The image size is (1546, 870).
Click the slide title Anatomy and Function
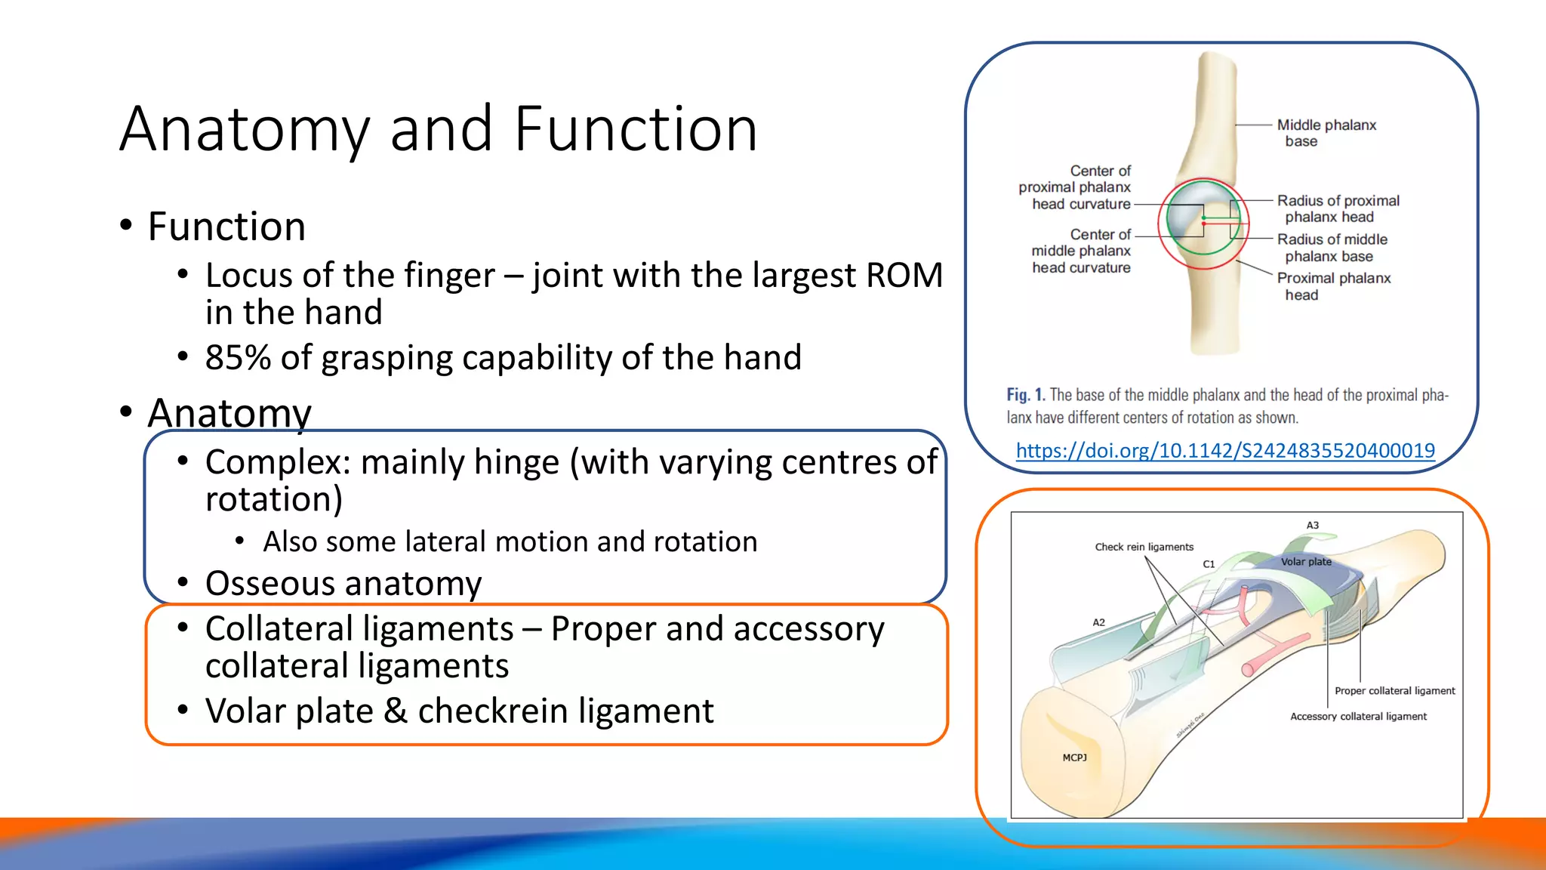438,129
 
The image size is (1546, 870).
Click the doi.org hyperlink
1224,451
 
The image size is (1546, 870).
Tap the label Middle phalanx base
1326,133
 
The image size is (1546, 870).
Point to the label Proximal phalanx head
1333,286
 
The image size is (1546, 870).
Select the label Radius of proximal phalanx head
1338,208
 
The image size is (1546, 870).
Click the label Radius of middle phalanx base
1332,248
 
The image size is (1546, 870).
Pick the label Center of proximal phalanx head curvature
1076,187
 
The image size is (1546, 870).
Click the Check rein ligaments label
1144,547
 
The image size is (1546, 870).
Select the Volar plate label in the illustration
1306,562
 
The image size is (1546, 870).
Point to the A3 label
1313,525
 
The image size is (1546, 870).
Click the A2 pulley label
1098,622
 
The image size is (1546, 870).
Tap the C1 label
1209,564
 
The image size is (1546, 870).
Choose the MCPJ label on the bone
1074,757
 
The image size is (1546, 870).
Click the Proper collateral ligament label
1394,691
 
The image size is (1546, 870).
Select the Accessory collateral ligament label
1358,717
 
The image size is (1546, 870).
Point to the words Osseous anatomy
343,584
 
